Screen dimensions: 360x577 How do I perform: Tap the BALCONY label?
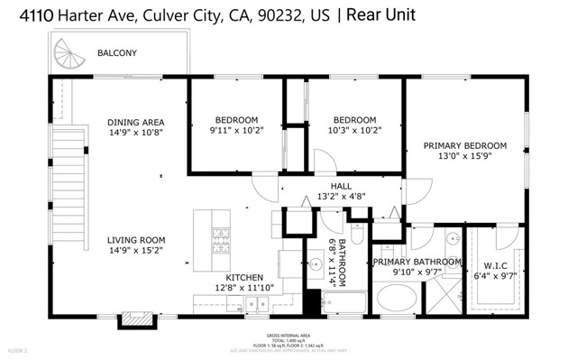click(116, 53)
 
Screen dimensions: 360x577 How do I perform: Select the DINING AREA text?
click(134, 123)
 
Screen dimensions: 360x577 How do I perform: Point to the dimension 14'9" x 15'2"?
click(134, 251)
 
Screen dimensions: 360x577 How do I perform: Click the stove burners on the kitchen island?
click(221, 238)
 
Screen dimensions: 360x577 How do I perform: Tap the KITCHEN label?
click(244, 277)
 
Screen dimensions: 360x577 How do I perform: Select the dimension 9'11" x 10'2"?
click(236, 130)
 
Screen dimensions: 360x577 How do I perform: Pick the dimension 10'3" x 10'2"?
click(354, 130)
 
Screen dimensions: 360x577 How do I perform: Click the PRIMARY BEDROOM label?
click(465, 145)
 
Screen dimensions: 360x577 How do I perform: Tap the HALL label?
click(341, 185)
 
